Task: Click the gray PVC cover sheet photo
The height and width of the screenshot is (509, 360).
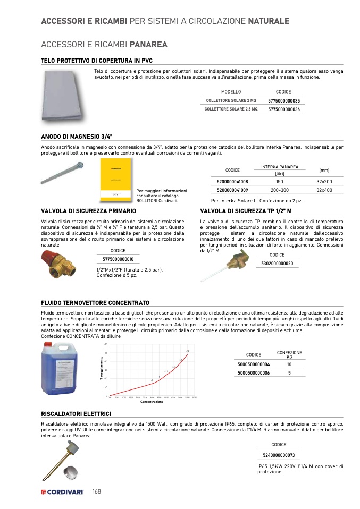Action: coord(63,96)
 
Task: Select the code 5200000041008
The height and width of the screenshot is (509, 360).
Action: coord(232,182)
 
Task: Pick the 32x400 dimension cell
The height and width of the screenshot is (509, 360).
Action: coord(324,190)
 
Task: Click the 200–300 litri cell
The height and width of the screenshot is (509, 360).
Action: coord(279,190)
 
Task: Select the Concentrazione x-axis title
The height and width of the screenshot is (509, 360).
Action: coord(152,402)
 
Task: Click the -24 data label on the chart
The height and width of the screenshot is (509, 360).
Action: coord(187,352)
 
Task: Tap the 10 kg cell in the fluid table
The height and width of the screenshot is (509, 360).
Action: coord(289,364)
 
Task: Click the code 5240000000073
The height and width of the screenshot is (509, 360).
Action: coord(279,455)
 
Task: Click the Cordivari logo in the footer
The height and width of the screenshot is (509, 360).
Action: coord(62,491)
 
